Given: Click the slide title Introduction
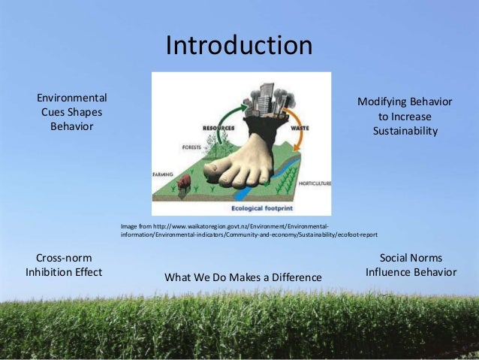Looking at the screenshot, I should pos(239,46).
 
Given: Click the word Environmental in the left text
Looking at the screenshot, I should pos(72,98).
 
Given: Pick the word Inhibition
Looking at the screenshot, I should pos(52,272).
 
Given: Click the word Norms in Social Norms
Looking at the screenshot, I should pos(426,257).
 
